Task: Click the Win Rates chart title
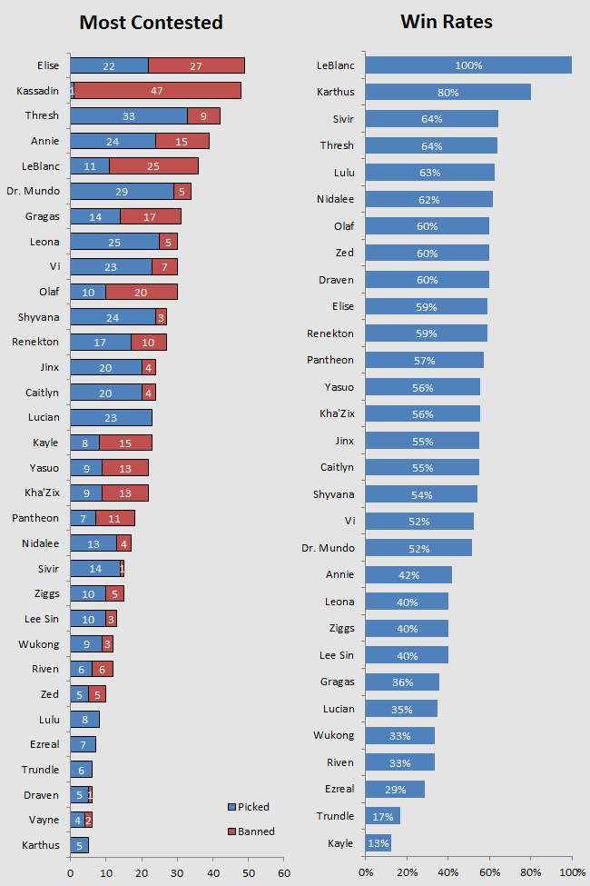[447, 22]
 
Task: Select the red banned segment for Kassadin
[157, 91]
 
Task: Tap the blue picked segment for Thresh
[129, 115]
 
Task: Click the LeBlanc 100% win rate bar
[468, 65]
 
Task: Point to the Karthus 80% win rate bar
[447, 92]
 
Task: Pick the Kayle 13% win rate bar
[379, 843]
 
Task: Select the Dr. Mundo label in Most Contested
[33, 192]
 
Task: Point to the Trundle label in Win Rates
[335, 816]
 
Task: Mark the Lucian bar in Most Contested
[111, 418]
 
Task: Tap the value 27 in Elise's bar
[196, 66]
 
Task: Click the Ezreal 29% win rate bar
[395, 790]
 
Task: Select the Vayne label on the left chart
[44, 820]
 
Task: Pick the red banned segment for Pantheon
[115, 519]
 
